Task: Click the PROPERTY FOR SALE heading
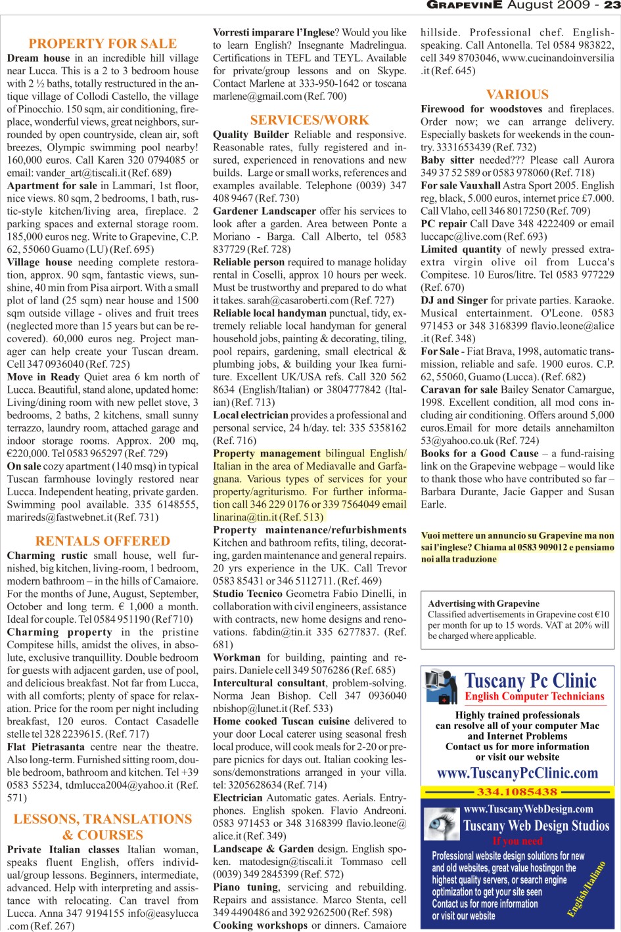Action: (x=103, y=44)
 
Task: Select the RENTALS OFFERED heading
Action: (x=103, y=541)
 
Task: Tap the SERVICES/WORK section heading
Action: (x=310, y=120)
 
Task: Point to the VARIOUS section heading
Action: (x=517, y=95)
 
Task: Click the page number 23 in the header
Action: (x=612, y=5)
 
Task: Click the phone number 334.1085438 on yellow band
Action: (x=517, y=792)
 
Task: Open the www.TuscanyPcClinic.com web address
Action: (x=517, y=773)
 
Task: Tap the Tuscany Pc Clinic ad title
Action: (x=531, y=681)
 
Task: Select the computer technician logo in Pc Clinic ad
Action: (x=441, y=687)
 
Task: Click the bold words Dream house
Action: (x=38, y=58)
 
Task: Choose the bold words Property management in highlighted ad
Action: (x=267, y=453)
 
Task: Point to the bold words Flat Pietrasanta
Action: (x=46, y=747)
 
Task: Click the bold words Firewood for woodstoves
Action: (x=482, y=109)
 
